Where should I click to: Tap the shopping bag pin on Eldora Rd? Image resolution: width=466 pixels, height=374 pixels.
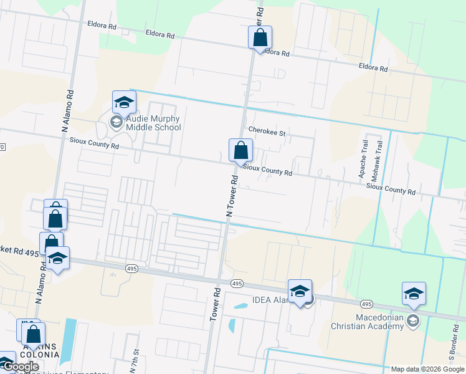click(260, 37)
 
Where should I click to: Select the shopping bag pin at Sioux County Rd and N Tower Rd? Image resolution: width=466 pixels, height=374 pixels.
click(240, 151)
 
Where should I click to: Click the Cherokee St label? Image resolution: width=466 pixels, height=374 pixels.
click(266, 133)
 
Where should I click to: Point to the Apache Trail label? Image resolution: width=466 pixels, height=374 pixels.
click(364, 161)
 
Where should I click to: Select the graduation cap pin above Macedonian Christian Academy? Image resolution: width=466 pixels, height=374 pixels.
click(414, 294)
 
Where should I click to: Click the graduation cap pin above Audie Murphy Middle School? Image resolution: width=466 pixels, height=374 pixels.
click(124, 103)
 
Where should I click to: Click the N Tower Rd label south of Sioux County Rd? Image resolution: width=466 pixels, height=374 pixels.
click(231, 197)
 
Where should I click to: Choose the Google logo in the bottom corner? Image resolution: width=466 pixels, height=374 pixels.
click(21, 367)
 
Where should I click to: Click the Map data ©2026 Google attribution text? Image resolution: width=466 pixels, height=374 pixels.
click(427, 369)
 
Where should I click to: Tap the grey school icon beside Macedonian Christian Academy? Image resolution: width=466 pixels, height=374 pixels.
click(412, 321)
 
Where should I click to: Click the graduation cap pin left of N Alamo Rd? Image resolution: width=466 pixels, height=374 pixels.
click(57, 259)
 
